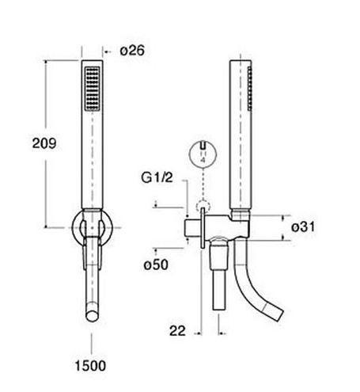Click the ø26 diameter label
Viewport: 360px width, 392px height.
(x=132, y=51)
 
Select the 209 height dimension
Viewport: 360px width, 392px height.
(x=44, y=143)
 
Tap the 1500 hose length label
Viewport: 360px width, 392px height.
(x=90, y=366)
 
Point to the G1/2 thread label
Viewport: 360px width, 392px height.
(x=157, y=177)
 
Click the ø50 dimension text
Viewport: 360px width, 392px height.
(x=156, y=265)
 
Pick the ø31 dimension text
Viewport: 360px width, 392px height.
(x=303, y=227)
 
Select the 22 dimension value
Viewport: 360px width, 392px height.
(x=177, y=331)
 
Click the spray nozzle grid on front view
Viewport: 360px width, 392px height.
(x=92, y=89)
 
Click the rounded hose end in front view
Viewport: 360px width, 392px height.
(x=92, y=315)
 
